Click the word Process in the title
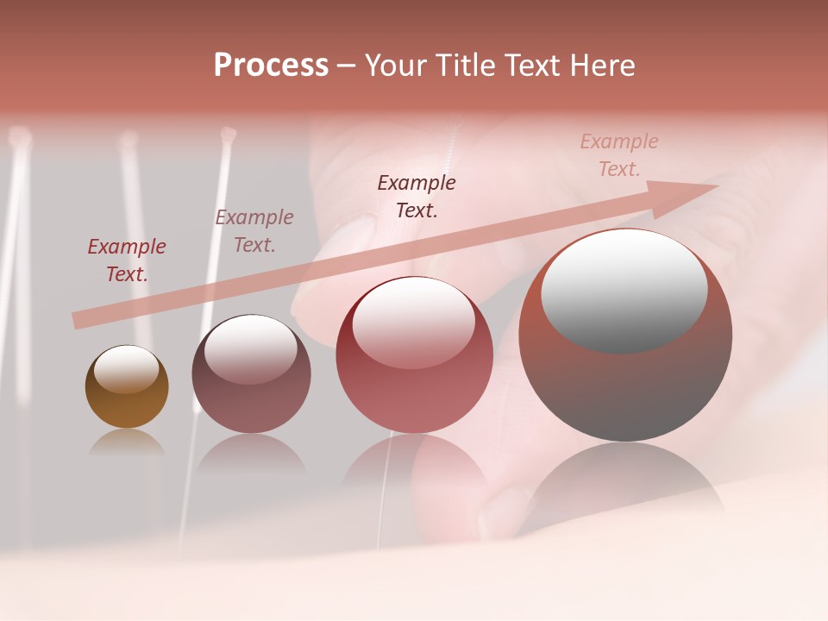[271, 66]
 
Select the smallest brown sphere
[127, 387]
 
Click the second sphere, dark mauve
[251, 374]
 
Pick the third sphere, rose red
[414, 354]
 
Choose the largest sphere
[625, 335]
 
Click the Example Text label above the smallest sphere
[127, 260]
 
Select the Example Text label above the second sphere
[254, 231]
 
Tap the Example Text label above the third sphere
[417, 197]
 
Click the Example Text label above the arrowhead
[619, 155]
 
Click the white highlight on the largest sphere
[624, 291]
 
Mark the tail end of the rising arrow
[78, 321]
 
